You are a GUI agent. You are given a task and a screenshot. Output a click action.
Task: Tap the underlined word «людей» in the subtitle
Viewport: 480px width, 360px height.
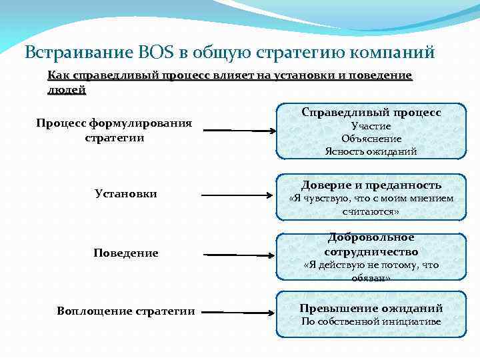point(67,90)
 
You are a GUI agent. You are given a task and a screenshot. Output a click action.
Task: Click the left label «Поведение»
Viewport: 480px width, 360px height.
point(125,253)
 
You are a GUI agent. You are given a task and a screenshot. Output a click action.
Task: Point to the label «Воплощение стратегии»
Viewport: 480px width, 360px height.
point(126,311)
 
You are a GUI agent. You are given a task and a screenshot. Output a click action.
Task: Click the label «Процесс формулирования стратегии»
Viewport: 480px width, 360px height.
point(114,130)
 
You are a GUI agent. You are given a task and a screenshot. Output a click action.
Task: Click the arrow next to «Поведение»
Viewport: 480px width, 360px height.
point(239,254)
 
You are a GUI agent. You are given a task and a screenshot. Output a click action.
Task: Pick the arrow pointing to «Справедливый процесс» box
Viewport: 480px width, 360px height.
point(238,130)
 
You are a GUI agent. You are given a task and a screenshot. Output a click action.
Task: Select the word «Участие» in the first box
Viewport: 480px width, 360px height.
point(371,126)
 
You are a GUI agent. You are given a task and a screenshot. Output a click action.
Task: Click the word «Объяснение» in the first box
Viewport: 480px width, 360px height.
point(371,139)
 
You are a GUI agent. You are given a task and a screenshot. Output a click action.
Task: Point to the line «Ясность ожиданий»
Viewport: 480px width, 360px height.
point(371,151)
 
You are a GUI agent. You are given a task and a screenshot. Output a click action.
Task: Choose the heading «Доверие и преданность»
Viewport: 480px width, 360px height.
point(371,185)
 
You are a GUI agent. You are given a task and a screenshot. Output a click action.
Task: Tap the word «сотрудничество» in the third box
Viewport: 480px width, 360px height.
point(371,251)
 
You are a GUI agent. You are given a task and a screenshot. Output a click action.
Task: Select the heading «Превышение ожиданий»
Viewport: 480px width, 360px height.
point(371,308)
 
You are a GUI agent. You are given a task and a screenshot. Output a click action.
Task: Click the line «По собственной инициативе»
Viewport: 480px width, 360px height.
point(371,321)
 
